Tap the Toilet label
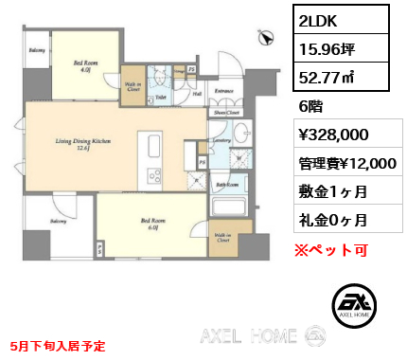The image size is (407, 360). coord(161,96)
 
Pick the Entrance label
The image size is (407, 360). coord(223,91)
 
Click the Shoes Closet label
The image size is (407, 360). coord(225,111)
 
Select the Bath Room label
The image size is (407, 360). coord(227,185)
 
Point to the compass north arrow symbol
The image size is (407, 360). coord(267,37)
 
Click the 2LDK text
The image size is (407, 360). coord(319,21)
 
